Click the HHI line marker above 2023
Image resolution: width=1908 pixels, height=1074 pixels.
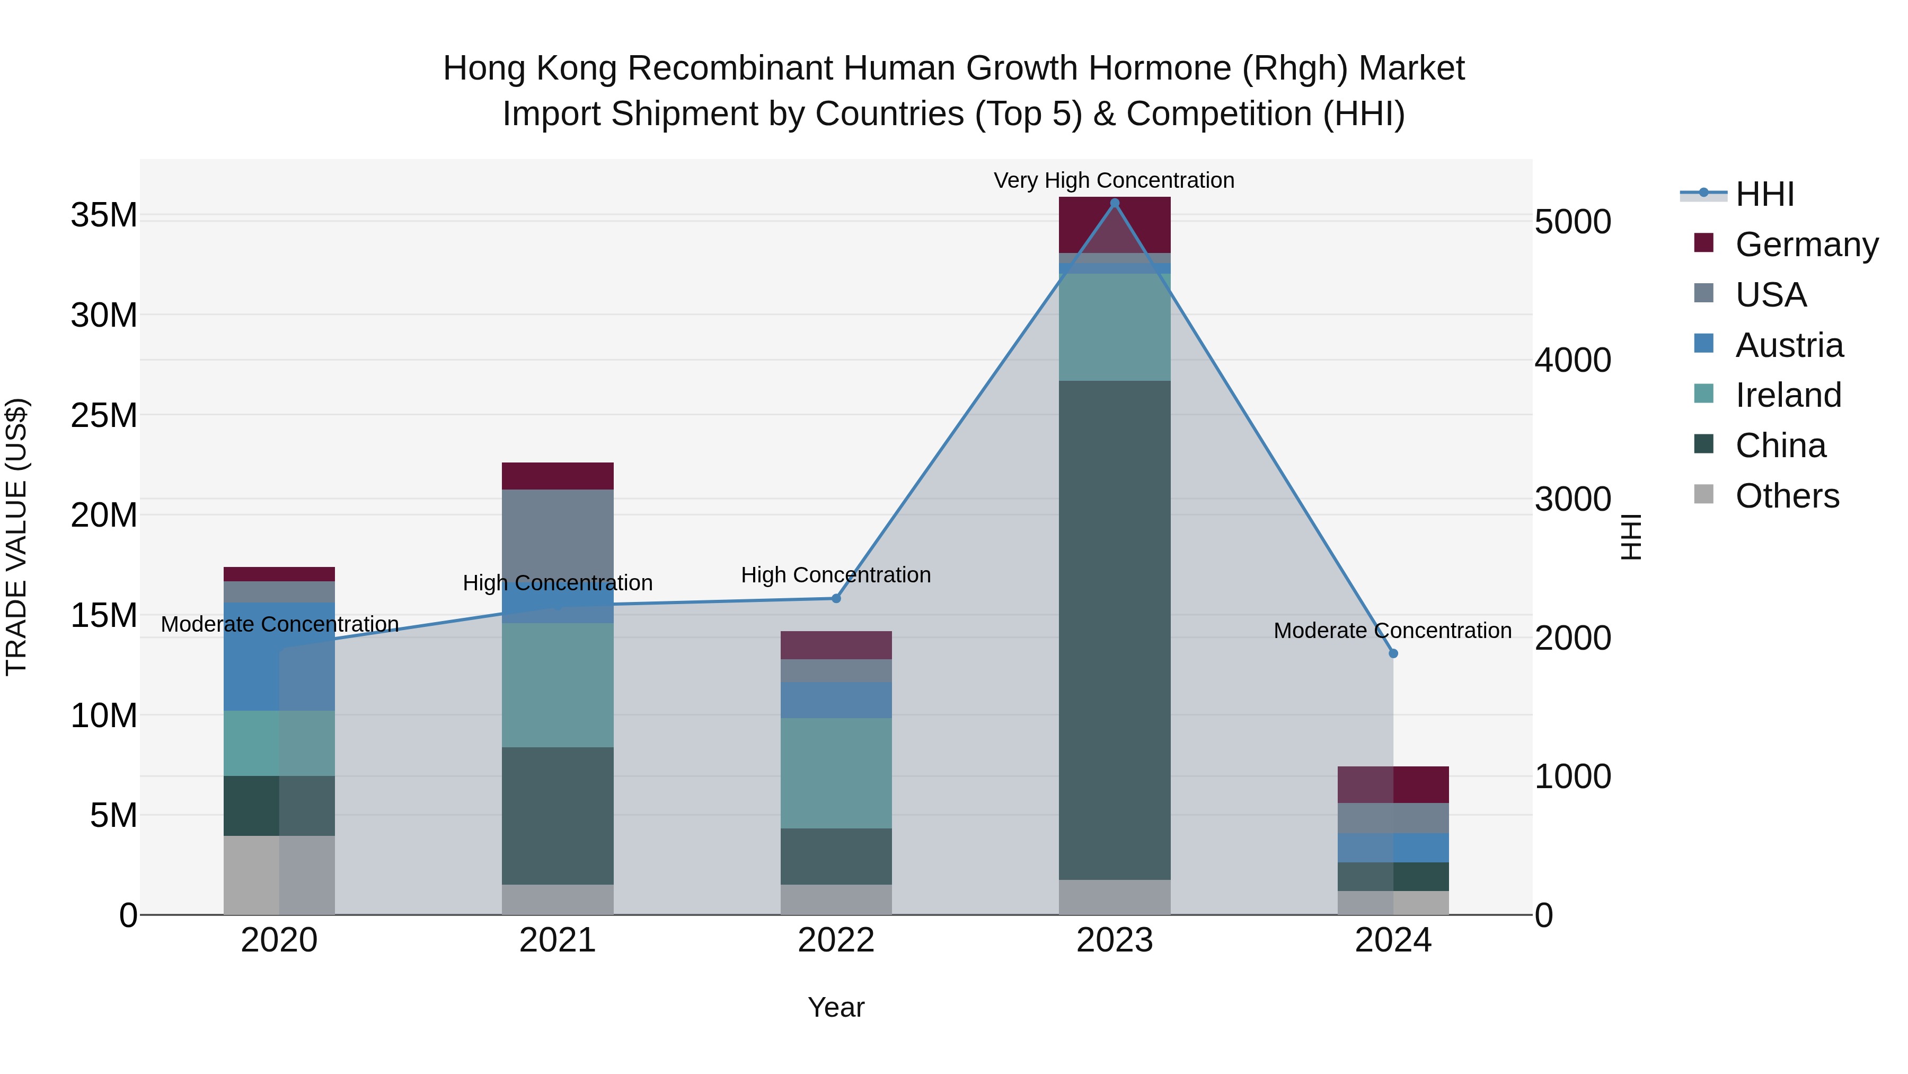1115,203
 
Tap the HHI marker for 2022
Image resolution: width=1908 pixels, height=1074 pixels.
836,598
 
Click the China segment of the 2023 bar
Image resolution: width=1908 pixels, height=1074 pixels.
1115,630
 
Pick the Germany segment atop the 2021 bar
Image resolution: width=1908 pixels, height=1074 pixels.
558,476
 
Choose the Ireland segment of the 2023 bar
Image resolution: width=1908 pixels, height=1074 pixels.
1115,327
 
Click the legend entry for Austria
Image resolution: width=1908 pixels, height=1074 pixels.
1788,345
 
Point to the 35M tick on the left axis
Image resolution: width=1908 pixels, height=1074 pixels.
104,216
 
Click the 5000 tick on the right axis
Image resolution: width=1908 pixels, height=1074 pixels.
1573,222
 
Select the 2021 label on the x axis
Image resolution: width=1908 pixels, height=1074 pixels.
558,940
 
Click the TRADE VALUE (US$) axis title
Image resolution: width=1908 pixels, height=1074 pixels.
16,537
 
